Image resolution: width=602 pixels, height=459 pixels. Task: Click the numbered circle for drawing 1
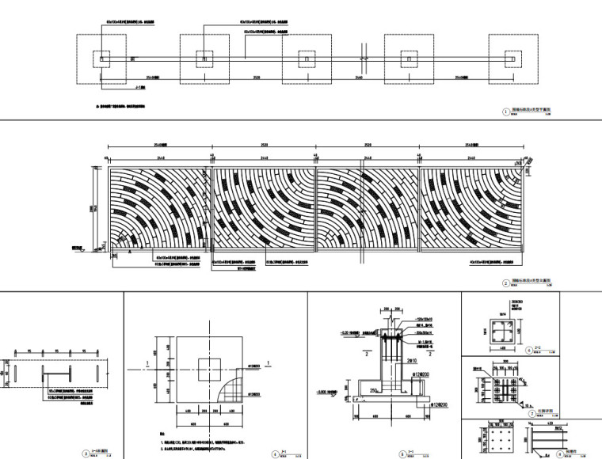point(505,112)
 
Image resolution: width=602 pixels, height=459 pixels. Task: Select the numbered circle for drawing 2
point(506,283)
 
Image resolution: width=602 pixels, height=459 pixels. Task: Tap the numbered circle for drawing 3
point(86,453)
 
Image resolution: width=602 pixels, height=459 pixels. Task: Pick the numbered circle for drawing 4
point(275,453)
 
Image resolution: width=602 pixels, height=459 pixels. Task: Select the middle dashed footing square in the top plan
point(307,59)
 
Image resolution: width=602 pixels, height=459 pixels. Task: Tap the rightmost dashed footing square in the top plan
point(513,59)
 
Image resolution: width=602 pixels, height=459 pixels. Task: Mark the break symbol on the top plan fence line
point(361,59)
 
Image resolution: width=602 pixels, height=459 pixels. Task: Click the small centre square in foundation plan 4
point(210,366)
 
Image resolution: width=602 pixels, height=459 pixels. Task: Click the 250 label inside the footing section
point(371,389)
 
